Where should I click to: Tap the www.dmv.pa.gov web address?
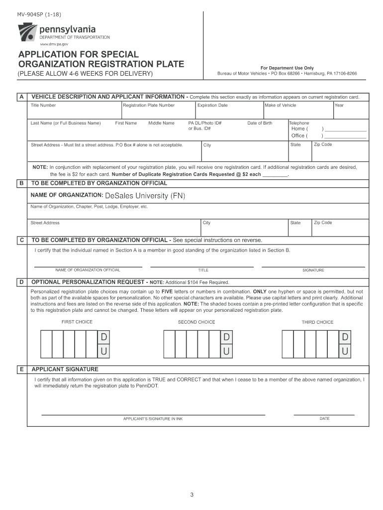54,44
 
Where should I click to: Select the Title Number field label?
43,105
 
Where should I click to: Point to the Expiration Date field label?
212,105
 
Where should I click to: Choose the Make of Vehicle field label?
281,105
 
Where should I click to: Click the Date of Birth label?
260,123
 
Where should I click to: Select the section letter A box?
21,97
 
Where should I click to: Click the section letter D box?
21,282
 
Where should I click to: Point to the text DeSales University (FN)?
145,196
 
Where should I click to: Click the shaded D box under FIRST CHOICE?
104,338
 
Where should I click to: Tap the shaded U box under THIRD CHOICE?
345,352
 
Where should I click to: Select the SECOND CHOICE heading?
196,322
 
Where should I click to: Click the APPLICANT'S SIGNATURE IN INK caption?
153,419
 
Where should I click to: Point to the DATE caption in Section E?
324,419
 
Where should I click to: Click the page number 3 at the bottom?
191,495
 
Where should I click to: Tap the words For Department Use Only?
287,68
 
